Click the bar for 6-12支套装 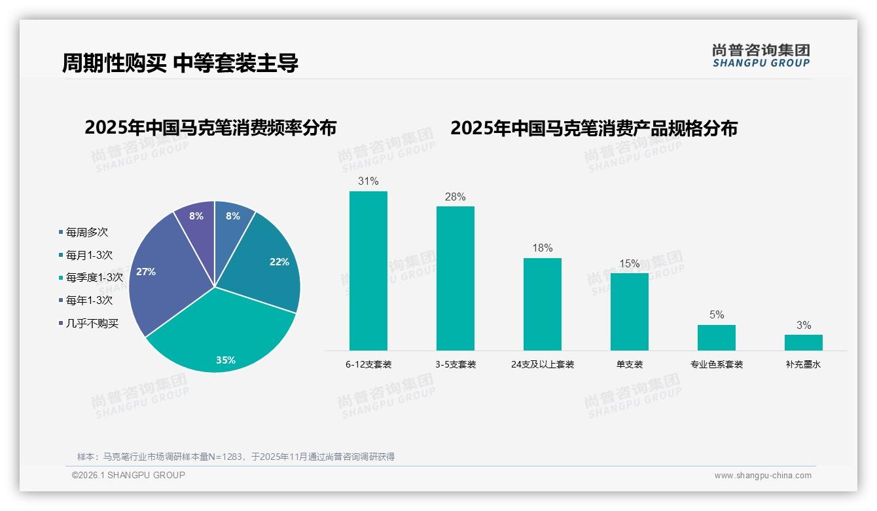point(368,271)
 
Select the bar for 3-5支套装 point(455,278)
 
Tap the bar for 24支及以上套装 point(542,304)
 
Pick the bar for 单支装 point(629,312)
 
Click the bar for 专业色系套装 point(716,337)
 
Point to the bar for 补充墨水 point(803,343)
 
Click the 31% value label point(368,181)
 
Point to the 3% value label point(803,325)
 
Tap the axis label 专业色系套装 point(716,364)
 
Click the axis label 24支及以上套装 point(542,364)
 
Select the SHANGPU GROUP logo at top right point(761,55)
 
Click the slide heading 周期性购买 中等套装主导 point(180,64)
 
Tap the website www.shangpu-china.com point(762,476)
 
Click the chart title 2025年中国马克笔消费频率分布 point(210,128)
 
